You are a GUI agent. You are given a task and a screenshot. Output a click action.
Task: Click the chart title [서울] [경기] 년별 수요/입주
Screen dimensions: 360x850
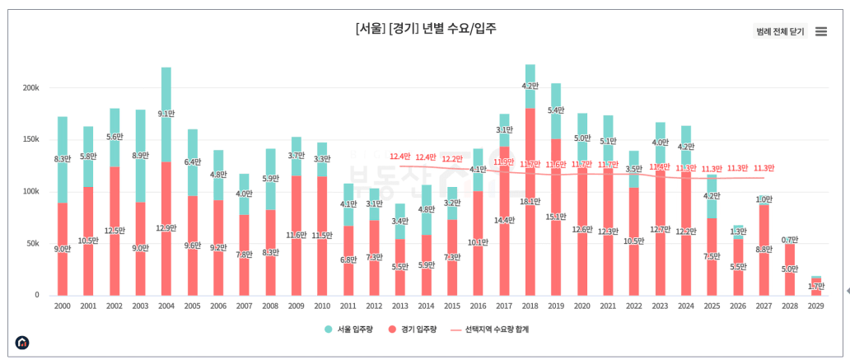(x=426, y=28)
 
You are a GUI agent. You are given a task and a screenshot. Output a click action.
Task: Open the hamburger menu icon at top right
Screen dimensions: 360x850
(x=820, y=31)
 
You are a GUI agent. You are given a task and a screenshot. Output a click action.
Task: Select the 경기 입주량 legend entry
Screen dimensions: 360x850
(x=413, y=330)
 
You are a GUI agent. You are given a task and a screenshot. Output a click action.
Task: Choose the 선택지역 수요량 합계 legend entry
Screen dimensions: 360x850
(x=489, y=330)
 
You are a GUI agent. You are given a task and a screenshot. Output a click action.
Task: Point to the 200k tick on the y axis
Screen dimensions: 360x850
(x=31, y=87)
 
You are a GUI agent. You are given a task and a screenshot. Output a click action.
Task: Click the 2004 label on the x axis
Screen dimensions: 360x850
(x=166, y=306)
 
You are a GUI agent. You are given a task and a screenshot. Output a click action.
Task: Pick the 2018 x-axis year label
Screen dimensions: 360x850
(x=530, y=306)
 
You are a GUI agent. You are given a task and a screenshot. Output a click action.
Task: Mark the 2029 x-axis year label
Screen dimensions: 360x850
(x=815, y=306)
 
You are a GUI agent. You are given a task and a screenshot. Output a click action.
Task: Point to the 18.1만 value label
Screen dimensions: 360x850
(x=530, y=202)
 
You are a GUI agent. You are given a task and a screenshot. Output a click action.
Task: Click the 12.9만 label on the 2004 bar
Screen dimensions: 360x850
(x=166, y=228)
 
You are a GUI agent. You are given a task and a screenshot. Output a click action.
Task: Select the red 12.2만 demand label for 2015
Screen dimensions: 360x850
(x=452, y=159)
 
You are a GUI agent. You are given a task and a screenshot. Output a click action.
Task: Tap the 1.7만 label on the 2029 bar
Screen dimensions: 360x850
(x=816, y=286)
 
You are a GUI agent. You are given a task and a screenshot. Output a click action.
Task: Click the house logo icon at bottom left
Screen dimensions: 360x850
(x=22, y=342)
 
